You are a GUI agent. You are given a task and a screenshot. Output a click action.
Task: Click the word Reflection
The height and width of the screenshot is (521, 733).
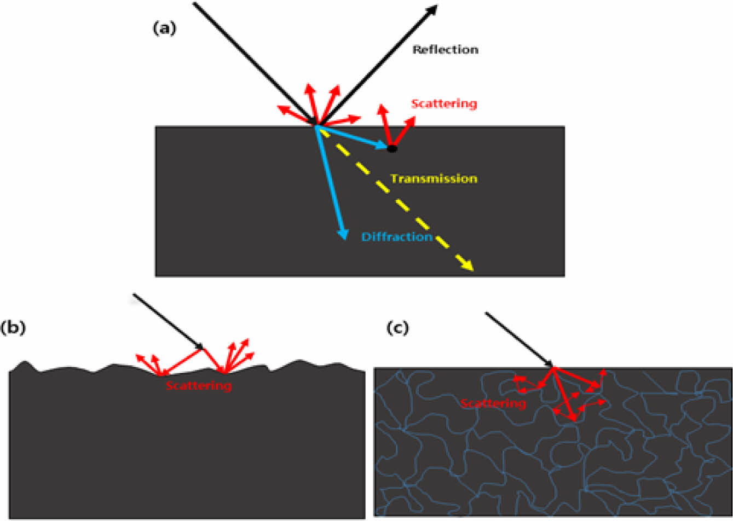445,50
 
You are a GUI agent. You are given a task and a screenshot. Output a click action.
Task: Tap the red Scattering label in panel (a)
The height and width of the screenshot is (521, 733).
444,103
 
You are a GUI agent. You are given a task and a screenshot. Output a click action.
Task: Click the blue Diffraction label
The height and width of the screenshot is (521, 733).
397,237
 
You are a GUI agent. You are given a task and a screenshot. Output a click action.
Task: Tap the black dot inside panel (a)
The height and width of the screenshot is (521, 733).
391,148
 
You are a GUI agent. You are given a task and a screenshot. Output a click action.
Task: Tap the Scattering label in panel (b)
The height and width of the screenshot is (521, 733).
199,386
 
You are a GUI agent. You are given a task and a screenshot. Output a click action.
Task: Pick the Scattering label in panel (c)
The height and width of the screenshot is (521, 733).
493,404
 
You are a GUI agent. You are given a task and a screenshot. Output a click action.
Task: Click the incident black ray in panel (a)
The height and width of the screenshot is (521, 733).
255,63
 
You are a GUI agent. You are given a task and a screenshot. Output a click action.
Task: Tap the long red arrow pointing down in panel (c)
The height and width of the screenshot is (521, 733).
564,394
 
